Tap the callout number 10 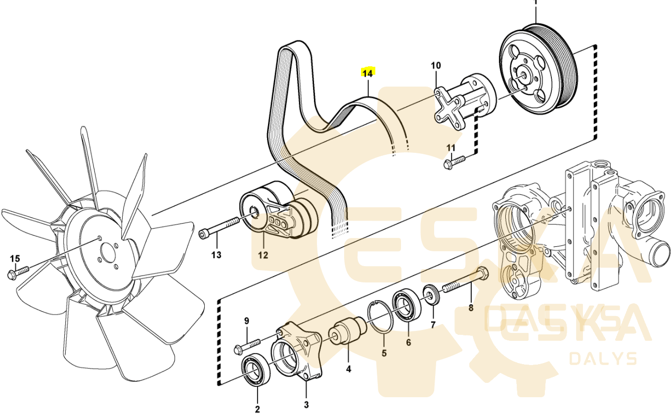436,65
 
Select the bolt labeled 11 455,161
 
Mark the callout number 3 306,406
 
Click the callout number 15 15,258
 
